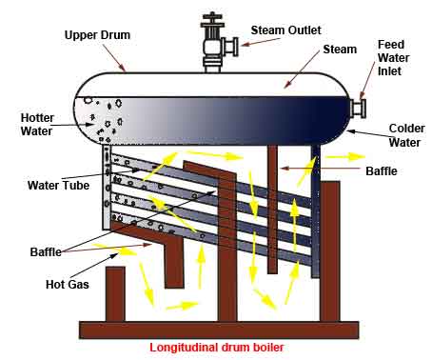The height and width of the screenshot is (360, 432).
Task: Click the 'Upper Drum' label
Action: coord(97,35)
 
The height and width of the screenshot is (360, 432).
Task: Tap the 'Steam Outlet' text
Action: coord(286,30)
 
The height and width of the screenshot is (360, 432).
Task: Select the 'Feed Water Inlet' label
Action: coord(393,58)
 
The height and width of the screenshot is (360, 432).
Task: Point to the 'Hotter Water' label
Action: coord(37,125)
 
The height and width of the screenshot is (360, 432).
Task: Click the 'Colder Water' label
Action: coord(406,135)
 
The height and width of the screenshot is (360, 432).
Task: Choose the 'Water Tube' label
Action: coord(58,186)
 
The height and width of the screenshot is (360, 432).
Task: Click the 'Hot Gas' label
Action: coord(68,284)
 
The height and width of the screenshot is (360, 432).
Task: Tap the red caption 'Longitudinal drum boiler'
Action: coord(217,347)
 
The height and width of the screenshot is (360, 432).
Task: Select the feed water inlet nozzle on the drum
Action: coord(358,108)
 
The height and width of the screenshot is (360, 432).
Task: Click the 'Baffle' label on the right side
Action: coord(382,171)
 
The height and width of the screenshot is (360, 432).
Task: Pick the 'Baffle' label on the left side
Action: coord(46,252)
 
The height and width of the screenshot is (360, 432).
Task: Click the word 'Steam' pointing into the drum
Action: coord(340,50)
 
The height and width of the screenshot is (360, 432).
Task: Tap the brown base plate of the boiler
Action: coord(219,330)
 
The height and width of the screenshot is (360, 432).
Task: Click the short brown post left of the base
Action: coord(115,294)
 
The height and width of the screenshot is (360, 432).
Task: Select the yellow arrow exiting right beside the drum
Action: coord(345,157)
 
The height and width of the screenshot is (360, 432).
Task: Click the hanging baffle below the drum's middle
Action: coord(272,210)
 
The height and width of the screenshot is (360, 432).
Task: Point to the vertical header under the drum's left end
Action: coord(107,188)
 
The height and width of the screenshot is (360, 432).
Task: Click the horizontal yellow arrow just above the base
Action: coord(182,306)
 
